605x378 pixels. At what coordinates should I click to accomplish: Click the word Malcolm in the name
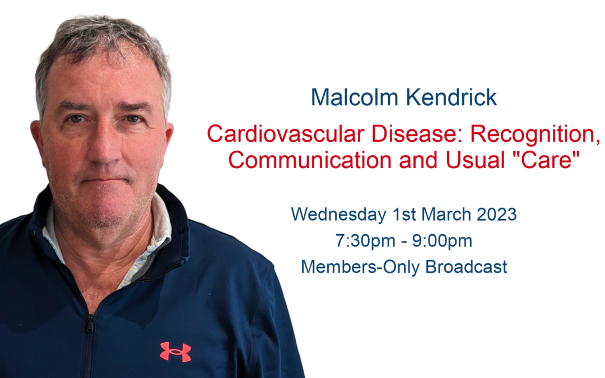click(x=355, y=97)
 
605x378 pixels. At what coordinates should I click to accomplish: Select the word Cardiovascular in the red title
click(x=286, y=134)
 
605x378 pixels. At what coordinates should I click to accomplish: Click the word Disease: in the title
click(x=417, y=134)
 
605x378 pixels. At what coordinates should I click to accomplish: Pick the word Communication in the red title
click(x=310, y=160)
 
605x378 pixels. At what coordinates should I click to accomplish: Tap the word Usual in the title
click(x=476, y=160)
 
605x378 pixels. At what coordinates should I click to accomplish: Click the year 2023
click(x=496, y=214)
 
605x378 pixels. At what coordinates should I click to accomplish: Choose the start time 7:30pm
click(x=365, y=241)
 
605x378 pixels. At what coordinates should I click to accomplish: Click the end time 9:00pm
click(x=442, y=241)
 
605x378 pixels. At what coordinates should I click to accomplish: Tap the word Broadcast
click(x=466, y=267)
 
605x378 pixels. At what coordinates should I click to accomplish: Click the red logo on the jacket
click(x=175, y=352)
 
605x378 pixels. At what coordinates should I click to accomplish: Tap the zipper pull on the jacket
click(x=90, y=324)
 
